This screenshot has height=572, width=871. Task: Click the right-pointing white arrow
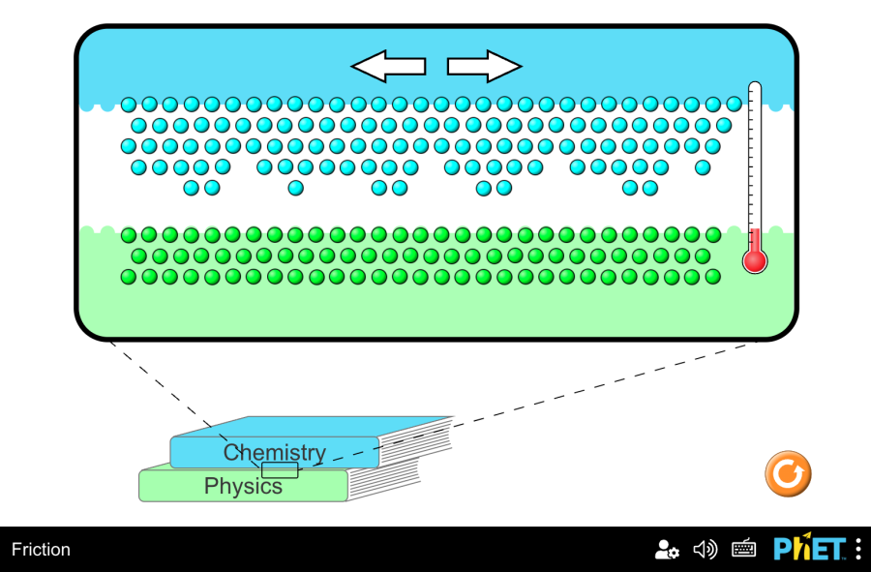tap(485, 66)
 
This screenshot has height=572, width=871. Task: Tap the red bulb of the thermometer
tap(755, 260)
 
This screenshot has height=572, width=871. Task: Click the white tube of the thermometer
tap(755, 155)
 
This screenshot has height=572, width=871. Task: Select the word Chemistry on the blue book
tap(274, 452)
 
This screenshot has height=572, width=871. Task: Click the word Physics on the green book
tap(243, 486)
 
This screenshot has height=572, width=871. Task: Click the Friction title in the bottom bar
tap(41, 550)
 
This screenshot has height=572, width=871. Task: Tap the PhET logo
tap(809, 549)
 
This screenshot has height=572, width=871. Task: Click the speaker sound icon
tap(706, 550)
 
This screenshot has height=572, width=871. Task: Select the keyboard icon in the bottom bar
tap(743, 550)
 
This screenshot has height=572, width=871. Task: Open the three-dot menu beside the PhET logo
tap(858, 549)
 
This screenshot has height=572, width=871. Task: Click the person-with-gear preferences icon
tap(667, 550)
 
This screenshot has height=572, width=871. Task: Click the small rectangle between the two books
tap(280, 470)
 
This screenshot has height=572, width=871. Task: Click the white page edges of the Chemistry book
tap(416, 440)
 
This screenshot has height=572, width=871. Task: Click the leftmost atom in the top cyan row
tap(129, 105)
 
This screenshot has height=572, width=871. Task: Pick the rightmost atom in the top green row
tap(713, 234)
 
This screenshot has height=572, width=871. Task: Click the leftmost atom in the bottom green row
tap(129, 277)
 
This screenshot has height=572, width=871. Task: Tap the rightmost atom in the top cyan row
tap(735, 105)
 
